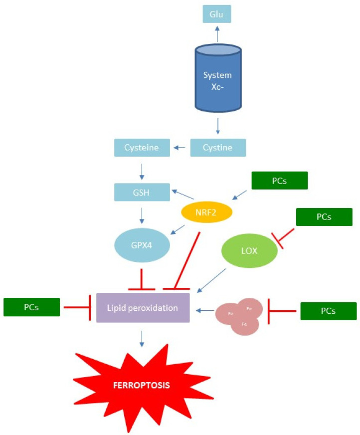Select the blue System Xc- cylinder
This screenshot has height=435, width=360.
pyautogui.click(x=217, y=77)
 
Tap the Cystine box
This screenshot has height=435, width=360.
pyautogui.click(x=218, y=148)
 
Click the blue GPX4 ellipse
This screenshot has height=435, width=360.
pyautogui.click(x=142, y=245)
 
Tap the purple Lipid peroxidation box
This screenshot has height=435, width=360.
pyautogui.click(x=143, y=308)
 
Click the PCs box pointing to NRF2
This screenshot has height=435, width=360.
pyautogui.click(x=280, y=181)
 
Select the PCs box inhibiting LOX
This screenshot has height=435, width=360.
pyautogui.click(x=324, y=217)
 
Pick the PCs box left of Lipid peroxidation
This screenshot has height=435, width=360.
pyautogui.click(x=31, y=307)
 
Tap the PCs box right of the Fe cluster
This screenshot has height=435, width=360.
pyautogui.click(x=328, y=311)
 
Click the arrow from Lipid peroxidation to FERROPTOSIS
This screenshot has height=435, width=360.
pyautogui.click(x=143, y=337)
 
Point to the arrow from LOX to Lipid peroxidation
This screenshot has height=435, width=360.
pyautogui.click(x=213, y=280)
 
